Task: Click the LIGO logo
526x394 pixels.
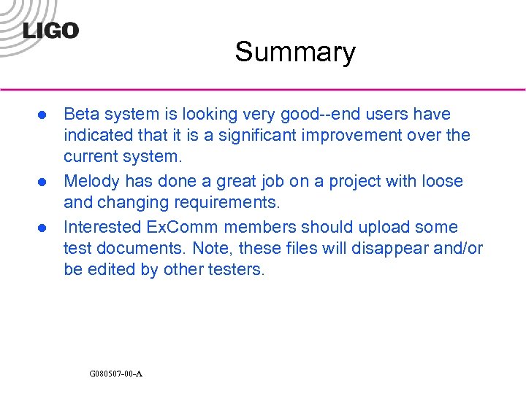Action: [50, 30]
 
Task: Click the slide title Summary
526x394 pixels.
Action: [295, 52]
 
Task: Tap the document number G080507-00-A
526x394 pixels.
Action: [115, 374]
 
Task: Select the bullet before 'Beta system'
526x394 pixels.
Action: [43, 115]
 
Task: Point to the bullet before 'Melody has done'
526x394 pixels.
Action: [43, 182]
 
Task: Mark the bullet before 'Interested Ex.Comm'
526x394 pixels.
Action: [43, 228]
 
